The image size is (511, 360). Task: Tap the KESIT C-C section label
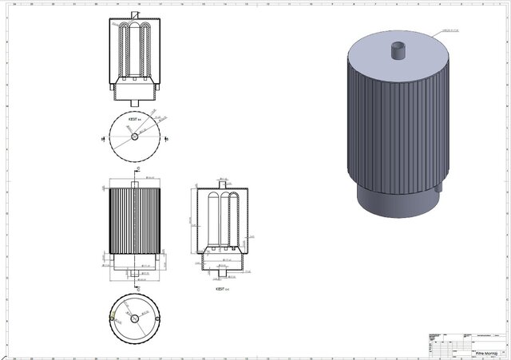(221, 289)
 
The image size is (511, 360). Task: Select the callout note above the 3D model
(452, 31)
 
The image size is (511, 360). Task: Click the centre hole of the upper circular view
(134, 136)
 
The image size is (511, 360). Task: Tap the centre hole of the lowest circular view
(134, 318)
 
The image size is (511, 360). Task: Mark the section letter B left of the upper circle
(102, 137)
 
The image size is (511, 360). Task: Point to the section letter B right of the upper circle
(167, 137)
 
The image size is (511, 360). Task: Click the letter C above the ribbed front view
(137, 169)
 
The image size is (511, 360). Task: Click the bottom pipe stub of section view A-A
(134, 99)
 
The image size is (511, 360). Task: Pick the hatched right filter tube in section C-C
(235, 220)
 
